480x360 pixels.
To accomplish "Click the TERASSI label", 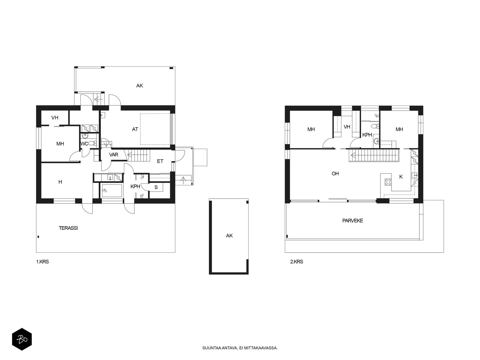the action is click(x=68, y=228).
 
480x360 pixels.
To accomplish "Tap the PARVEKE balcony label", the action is click(x=352, y=221).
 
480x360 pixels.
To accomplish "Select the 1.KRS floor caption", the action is click(x=42, y=262).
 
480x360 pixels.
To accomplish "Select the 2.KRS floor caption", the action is click(x=296, y=262).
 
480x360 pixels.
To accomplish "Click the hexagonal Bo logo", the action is click(x=22, y=339).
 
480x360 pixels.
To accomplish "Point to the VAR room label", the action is click(x=114, y=155).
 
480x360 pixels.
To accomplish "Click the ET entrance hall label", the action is click(x=160, y=161).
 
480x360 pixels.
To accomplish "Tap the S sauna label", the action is click(x=156, y=187).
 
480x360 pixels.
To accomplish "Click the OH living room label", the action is click(x=335, y=174).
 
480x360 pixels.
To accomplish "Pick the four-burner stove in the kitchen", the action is click(x=388, y=182).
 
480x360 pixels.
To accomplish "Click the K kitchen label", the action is click(x=401, y=177).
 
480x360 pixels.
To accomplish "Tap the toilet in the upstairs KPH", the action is click(x=376, y=126).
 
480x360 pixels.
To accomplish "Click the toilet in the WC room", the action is click(x=92, y=143).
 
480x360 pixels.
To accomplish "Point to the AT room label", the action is click(x=135, y=129).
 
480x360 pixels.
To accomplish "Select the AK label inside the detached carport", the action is click(x=229, y=235).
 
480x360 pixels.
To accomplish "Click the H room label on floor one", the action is click(x=60, y=182).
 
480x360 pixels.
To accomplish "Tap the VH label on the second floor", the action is click(x=347, y=127).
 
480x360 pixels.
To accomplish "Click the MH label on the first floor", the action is click(x=60, y=144).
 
